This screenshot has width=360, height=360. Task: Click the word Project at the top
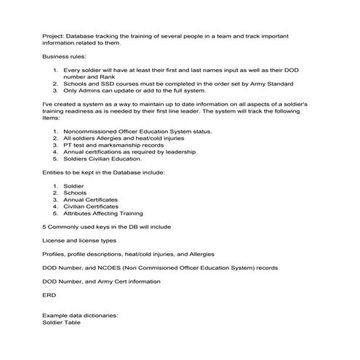tap(53, 35)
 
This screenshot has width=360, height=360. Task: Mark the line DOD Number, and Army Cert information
tap(101, 281)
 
